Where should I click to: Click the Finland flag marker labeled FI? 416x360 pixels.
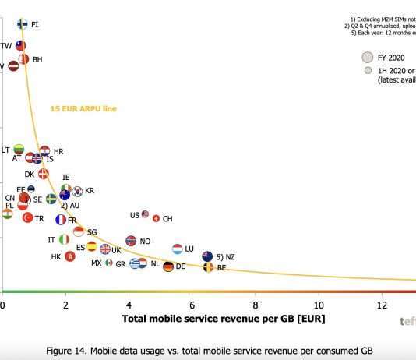[x=23, y=25]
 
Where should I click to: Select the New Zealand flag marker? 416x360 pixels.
[x=207, y=256]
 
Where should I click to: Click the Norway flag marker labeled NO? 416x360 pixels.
[x=131, y=242]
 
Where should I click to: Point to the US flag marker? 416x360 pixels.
[x=145, y=214]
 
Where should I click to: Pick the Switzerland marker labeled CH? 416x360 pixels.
[x=156, y=219]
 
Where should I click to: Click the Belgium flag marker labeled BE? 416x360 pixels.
[x=207, y=267]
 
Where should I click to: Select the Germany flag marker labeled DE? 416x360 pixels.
[x=167, y=266]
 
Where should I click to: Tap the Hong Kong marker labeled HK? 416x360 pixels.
[x=70, y=256]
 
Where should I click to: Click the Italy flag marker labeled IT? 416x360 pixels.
[x=64, y=240]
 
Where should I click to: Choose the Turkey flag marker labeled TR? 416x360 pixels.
[x=27, y=218]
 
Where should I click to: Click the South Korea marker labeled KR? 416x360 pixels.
[x=77, y=191]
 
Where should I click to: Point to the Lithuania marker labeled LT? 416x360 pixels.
[x=19, y=150]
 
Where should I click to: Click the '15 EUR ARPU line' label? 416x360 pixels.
[x=83, y=108]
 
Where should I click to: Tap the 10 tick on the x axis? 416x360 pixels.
[x=318, y=304]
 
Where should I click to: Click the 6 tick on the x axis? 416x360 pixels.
[x=192, y=304]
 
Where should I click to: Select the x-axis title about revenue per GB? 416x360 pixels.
[x=224, y=319]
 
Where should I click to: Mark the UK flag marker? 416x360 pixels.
[x=105, y=249]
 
